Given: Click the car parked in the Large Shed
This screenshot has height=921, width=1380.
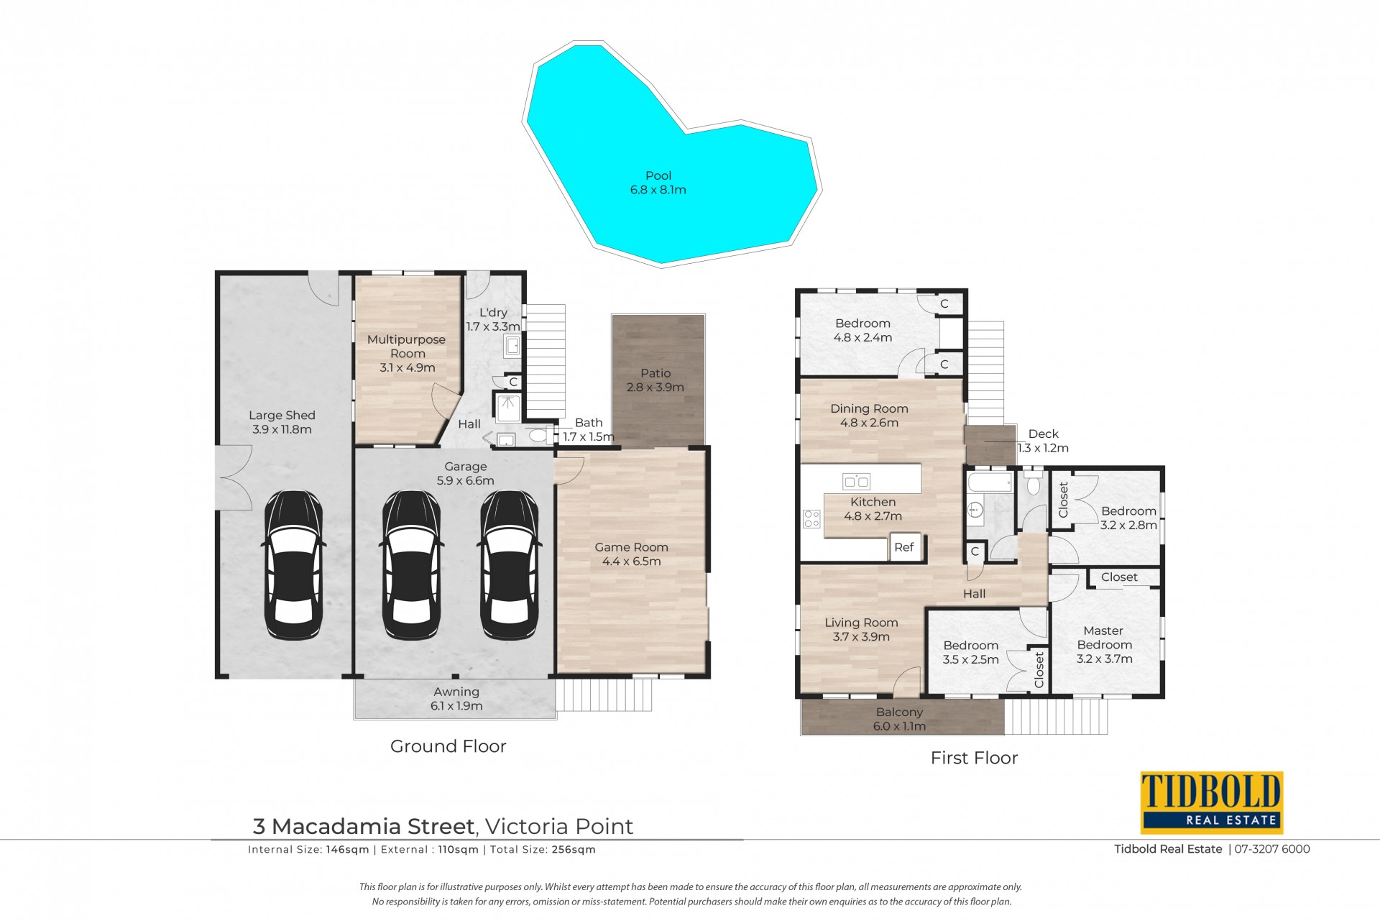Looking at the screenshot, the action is tap(294, 565).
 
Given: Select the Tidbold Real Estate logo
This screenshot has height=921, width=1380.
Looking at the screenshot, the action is tap(1212, 802).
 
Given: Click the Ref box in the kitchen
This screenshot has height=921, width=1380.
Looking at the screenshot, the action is tap(904, 547).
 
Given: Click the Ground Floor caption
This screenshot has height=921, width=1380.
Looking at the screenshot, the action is tap(448, 746).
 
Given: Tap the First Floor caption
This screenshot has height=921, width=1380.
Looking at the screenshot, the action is tap(974, 758).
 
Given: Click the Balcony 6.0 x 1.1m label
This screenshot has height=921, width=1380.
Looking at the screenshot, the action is tap(899, 719).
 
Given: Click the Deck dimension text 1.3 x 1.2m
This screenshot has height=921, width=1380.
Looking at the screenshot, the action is tap(1043, 448).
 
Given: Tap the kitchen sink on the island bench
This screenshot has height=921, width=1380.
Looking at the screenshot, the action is tap(856, 481).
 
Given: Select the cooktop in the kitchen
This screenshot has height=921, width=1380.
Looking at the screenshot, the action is tap(811, 518).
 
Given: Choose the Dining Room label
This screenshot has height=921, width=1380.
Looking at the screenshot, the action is tap(869, 416).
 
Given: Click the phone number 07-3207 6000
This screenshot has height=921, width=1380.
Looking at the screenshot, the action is tap(1272, 849).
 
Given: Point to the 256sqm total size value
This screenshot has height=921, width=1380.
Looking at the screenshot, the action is tap(574, 849).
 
